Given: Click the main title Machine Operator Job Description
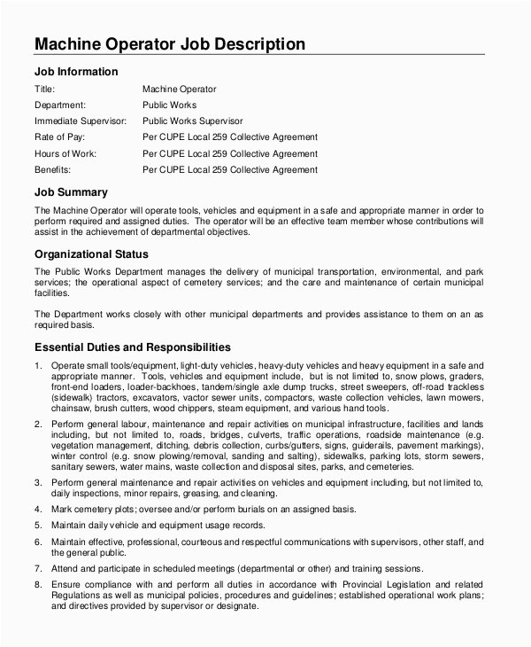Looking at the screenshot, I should [x=169, y=43].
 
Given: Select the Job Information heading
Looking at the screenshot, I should [x=75, y=72].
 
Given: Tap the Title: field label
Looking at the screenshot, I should [x=44, y=89].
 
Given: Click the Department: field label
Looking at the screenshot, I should [x=59, y=105].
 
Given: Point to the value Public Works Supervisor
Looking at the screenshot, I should [x=192, y=121].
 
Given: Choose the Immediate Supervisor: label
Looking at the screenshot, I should [x=80, y=121].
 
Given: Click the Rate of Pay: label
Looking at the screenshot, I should [x=62, y=136].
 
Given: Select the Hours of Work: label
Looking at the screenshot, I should [x=65, y=152].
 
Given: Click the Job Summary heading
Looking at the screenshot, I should [x=71, y=191].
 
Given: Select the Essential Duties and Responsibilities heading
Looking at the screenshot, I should [x=132, y=347].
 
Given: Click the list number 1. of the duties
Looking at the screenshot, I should [x=37, y=365].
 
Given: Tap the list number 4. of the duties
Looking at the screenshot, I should [x=37, y=509].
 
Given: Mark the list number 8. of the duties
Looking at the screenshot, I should [x=37, y=585].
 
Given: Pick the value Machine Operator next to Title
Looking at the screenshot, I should [x=179, y=89].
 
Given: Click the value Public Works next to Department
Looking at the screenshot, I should [x=169, y=105].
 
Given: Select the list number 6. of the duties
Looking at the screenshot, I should [x=37, y=541].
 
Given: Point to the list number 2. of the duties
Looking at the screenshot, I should [x=37, y=424].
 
